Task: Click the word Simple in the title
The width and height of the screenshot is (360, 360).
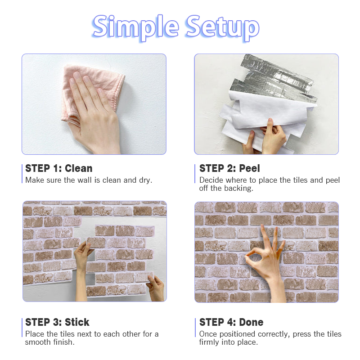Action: [135, 27]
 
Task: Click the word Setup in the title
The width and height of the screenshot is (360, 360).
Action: [223, 27]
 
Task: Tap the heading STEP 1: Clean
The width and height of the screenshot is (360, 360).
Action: [59, 168]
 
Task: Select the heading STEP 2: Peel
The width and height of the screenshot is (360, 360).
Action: [229, 168]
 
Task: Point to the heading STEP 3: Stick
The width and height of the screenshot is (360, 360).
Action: [57, 322]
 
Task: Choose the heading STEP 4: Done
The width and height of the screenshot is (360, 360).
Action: [231, 322]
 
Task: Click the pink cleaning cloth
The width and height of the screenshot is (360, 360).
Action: [92, 92]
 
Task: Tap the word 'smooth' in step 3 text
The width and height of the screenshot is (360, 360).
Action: [38, 342]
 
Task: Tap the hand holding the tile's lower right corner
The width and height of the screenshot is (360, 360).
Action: [156, 288]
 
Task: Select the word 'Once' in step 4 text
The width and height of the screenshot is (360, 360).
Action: [208, 334]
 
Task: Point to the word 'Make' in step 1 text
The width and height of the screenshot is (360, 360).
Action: [35, 180]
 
